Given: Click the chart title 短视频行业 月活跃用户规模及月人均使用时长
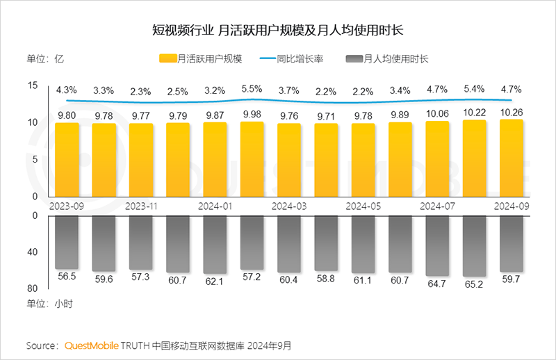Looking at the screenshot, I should pyautogui.click(x=278, y=31).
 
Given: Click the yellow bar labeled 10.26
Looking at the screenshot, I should pyautogui.click(x=511, y=158).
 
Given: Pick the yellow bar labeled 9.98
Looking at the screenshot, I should pyautogui.click(x=252, y=159).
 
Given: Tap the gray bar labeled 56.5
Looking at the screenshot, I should pyautogui.click(x=66, y=242).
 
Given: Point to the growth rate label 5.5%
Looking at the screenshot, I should pyautogui.click(x=252, y=90).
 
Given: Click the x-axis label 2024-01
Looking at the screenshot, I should pyautogui.click(x=215, y=206).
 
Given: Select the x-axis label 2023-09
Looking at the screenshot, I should pyautogui.click(x=66, y=206).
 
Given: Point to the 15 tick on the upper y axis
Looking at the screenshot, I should pyautogui.click(x=33, y=85).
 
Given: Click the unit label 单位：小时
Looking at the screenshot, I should pyautogui.click(x=49, y=304).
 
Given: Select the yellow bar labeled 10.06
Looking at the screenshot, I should pyautogui.click(x=437, y=159).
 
